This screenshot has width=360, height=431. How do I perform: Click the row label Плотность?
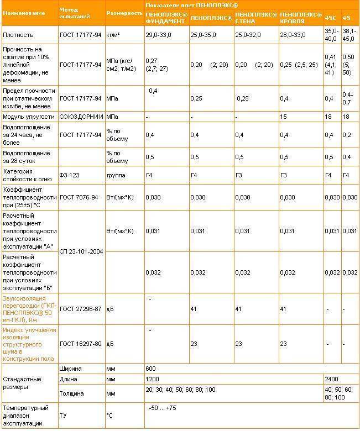click(x=18, y=34)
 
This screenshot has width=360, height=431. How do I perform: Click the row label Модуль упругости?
click(x=29, y=117)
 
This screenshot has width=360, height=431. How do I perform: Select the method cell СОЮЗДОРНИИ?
click(x=80, y=117)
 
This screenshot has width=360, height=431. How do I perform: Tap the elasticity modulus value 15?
click(x=284, y=117)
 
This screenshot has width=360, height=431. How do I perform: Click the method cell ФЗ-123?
click(x=70, y=175)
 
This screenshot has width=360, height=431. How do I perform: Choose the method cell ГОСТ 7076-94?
click(x=80, y=197)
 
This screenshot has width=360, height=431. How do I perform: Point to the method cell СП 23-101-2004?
click(x=81, y=251)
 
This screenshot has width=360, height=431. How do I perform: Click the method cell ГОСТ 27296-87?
click(x=81, y=308)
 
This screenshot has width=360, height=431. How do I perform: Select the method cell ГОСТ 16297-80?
click(x=81, y=343)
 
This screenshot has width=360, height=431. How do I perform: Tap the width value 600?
click(x=151, y=369)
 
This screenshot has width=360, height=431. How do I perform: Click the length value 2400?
click(x=332, y=380)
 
